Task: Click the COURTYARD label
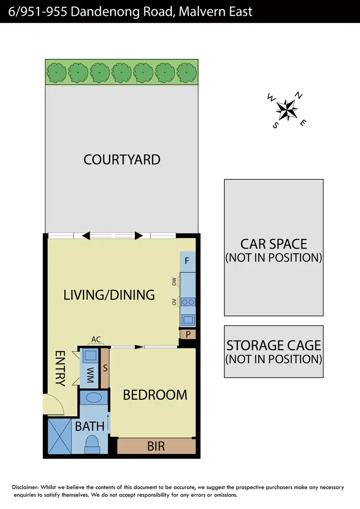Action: (x=122, y=159)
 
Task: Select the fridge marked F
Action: (x=187, y=262)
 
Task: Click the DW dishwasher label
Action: (x=174, y=282)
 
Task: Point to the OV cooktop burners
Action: (x=188, y=302)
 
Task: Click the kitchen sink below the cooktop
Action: (x=188, y=319)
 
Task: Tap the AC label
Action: (x=96, y=340)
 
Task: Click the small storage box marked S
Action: (x=105, y=368)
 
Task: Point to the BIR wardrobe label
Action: (x=156, y=446)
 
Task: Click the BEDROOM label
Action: (x=155, y=395)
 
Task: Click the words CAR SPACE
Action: (x=274, y=244)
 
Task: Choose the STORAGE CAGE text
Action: (x=274, y=345)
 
